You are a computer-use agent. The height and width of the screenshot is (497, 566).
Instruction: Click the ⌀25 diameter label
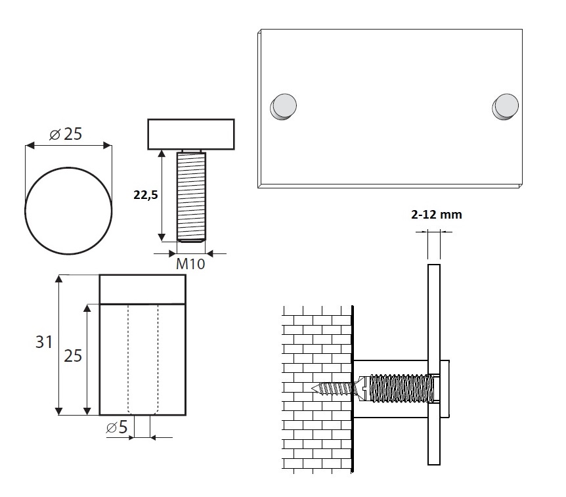pyautogui.click(x=66, y=134)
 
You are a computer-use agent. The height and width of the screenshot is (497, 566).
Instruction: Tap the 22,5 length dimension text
pyautogui.click(x=146, y=195)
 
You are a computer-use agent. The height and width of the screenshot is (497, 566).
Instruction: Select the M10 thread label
pyautogui.click(x=190, y=264)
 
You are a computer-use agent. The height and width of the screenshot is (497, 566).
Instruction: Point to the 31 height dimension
pyautogui.click(x=44, y=342)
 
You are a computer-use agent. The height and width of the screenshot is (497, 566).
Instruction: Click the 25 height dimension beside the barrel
pyautogui.click(x=73, y=356)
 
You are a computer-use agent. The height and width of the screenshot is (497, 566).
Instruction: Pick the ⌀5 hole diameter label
pyautogui.click(x=117, y=427)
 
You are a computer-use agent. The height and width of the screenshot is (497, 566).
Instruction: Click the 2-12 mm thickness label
pyautogui.click(x=437, y=215)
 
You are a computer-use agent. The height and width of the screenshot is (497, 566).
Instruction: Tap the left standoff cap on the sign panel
pyautogui.click(x=284, y=106)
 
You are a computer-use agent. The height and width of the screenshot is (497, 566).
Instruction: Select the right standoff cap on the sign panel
pyautogui.click(x=506, y=106)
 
